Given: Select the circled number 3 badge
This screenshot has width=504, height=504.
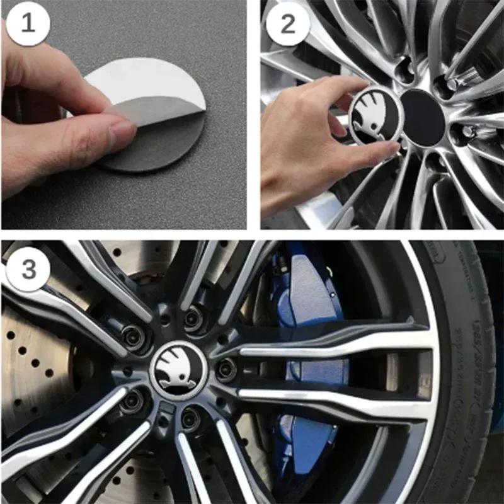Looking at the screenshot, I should [x=28, y=270].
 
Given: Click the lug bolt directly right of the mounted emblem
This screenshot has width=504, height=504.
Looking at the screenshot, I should [x=226, y=369].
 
